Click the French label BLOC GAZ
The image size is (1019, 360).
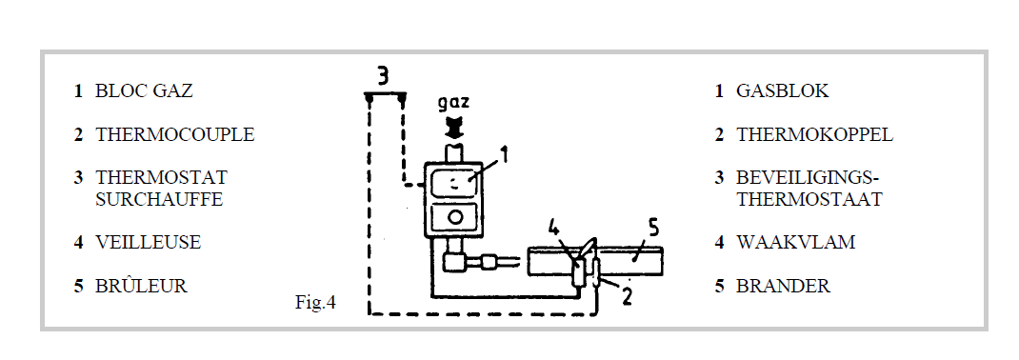pos(144,91)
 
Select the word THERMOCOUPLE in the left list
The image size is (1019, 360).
pos(175,134)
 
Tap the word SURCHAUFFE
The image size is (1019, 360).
pos(159,199)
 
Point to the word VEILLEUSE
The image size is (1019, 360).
pos(149,243)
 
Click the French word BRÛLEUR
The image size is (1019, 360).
pos(141,286)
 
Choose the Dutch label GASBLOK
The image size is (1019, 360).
pos(783,91)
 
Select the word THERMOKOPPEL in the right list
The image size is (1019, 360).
pos(814,134)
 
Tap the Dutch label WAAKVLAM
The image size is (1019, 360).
pos(795,243)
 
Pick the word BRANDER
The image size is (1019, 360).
pos(783,286)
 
